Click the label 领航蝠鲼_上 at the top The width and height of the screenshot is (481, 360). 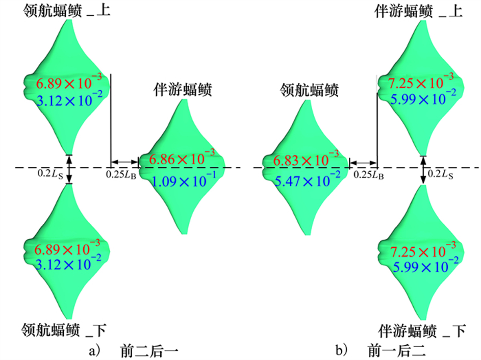[67, 10]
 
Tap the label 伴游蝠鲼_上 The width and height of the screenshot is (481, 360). [418, 11]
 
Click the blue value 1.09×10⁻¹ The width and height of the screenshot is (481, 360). [184, 180]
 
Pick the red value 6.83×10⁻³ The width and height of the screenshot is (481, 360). [306, 159]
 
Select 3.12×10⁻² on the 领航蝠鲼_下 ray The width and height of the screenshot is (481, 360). [68, 263]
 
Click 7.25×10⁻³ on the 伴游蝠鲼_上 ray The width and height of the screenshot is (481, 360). [421, 81]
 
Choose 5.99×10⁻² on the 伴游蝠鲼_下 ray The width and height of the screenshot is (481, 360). [426, 265]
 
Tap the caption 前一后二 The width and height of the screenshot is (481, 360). [397, 351]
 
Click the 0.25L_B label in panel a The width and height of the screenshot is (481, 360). [121, 175]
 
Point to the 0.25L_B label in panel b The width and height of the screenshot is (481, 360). [369, 175]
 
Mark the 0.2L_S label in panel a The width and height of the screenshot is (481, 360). [51, 174]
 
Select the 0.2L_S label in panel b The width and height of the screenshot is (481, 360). [441, 174]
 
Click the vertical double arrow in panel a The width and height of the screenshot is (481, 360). [69, 169]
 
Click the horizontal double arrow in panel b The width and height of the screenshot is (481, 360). [363, 163]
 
